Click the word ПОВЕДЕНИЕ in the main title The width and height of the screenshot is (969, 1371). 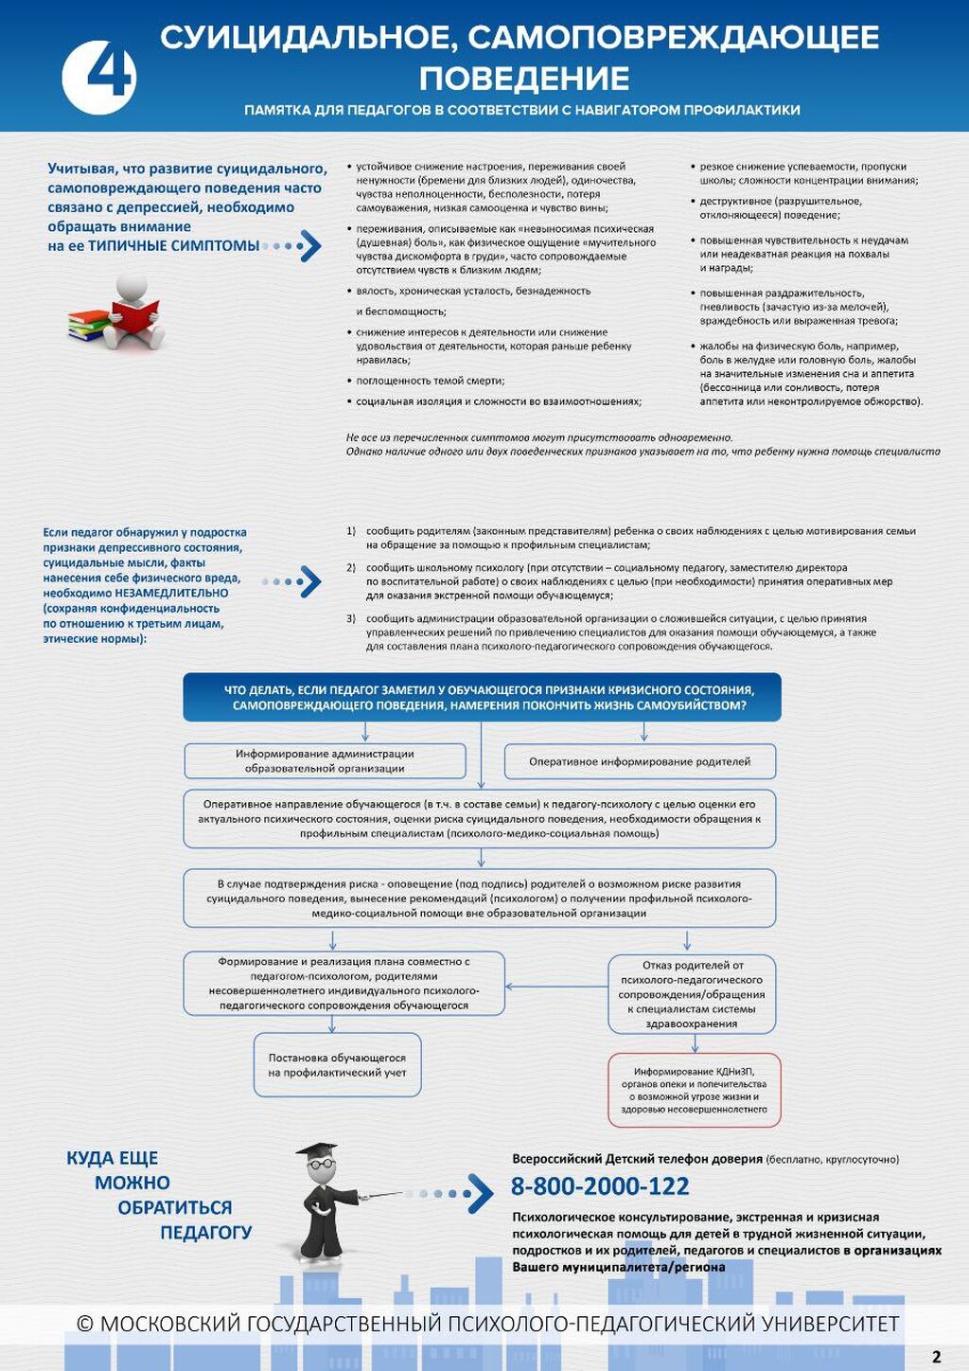point(524,79)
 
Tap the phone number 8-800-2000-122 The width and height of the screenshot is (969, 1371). point(600,1186)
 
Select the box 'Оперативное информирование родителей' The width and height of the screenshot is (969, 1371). point(640,761)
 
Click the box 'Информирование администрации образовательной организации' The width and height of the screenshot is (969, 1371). point(325,761)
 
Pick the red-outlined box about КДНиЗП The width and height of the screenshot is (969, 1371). point(695,1090)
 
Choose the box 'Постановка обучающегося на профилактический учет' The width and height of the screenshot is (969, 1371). point(337,1065)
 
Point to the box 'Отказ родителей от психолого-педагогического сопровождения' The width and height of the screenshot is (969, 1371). point(692,994)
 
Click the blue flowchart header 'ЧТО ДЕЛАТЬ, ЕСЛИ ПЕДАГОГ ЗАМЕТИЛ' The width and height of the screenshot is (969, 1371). point(482,698)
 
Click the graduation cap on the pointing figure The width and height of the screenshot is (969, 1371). point(317,1152)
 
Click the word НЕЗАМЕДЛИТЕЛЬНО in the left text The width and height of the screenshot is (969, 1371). point(171,594)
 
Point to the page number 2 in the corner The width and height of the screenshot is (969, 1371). point(937,1357)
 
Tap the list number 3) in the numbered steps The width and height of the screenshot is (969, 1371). point(351,618)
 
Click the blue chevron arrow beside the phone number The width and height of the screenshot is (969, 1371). point(480,1194)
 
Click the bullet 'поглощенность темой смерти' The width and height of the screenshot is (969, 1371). point(431,381)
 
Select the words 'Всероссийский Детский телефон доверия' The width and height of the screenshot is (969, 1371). point(637,1159)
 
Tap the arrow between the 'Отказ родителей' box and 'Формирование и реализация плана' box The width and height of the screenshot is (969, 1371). point(556,987)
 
